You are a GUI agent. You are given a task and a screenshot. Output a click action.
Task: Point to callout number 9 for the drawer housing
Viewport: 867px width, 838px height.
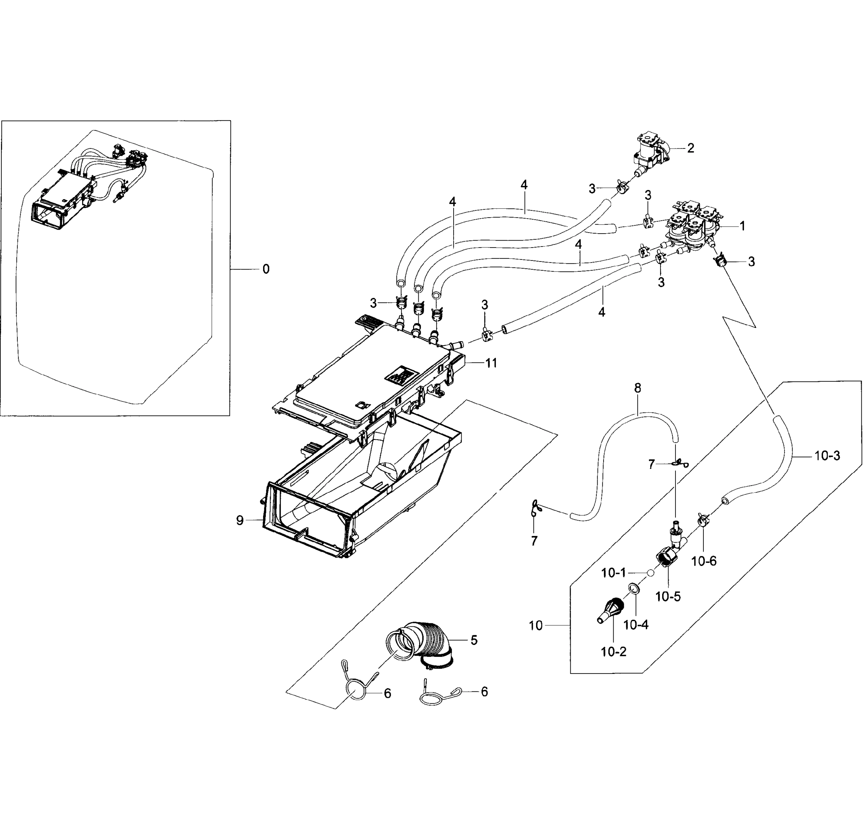239,521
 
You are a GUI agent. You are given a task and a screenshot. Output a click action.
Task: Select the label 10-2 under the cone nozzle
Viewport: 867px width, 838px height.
614,652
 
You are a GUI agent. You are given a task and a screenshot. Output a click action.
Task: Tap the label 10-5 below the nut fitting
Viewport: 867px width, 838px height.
667,597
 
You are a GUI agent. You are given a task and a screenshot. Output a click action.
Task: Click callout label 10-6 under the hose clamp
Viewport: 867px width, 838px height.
704,561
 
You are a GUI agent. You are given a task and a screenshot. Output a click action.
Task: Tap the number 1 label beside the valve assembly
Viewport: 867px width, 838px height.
742,226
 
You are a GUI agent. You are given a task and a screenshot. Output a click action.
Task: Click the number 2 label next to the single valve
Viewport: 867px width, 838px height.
691,148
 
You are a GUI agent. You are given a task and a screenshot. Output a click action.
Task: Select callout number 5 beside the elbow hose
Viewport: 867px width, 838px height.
474,640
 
